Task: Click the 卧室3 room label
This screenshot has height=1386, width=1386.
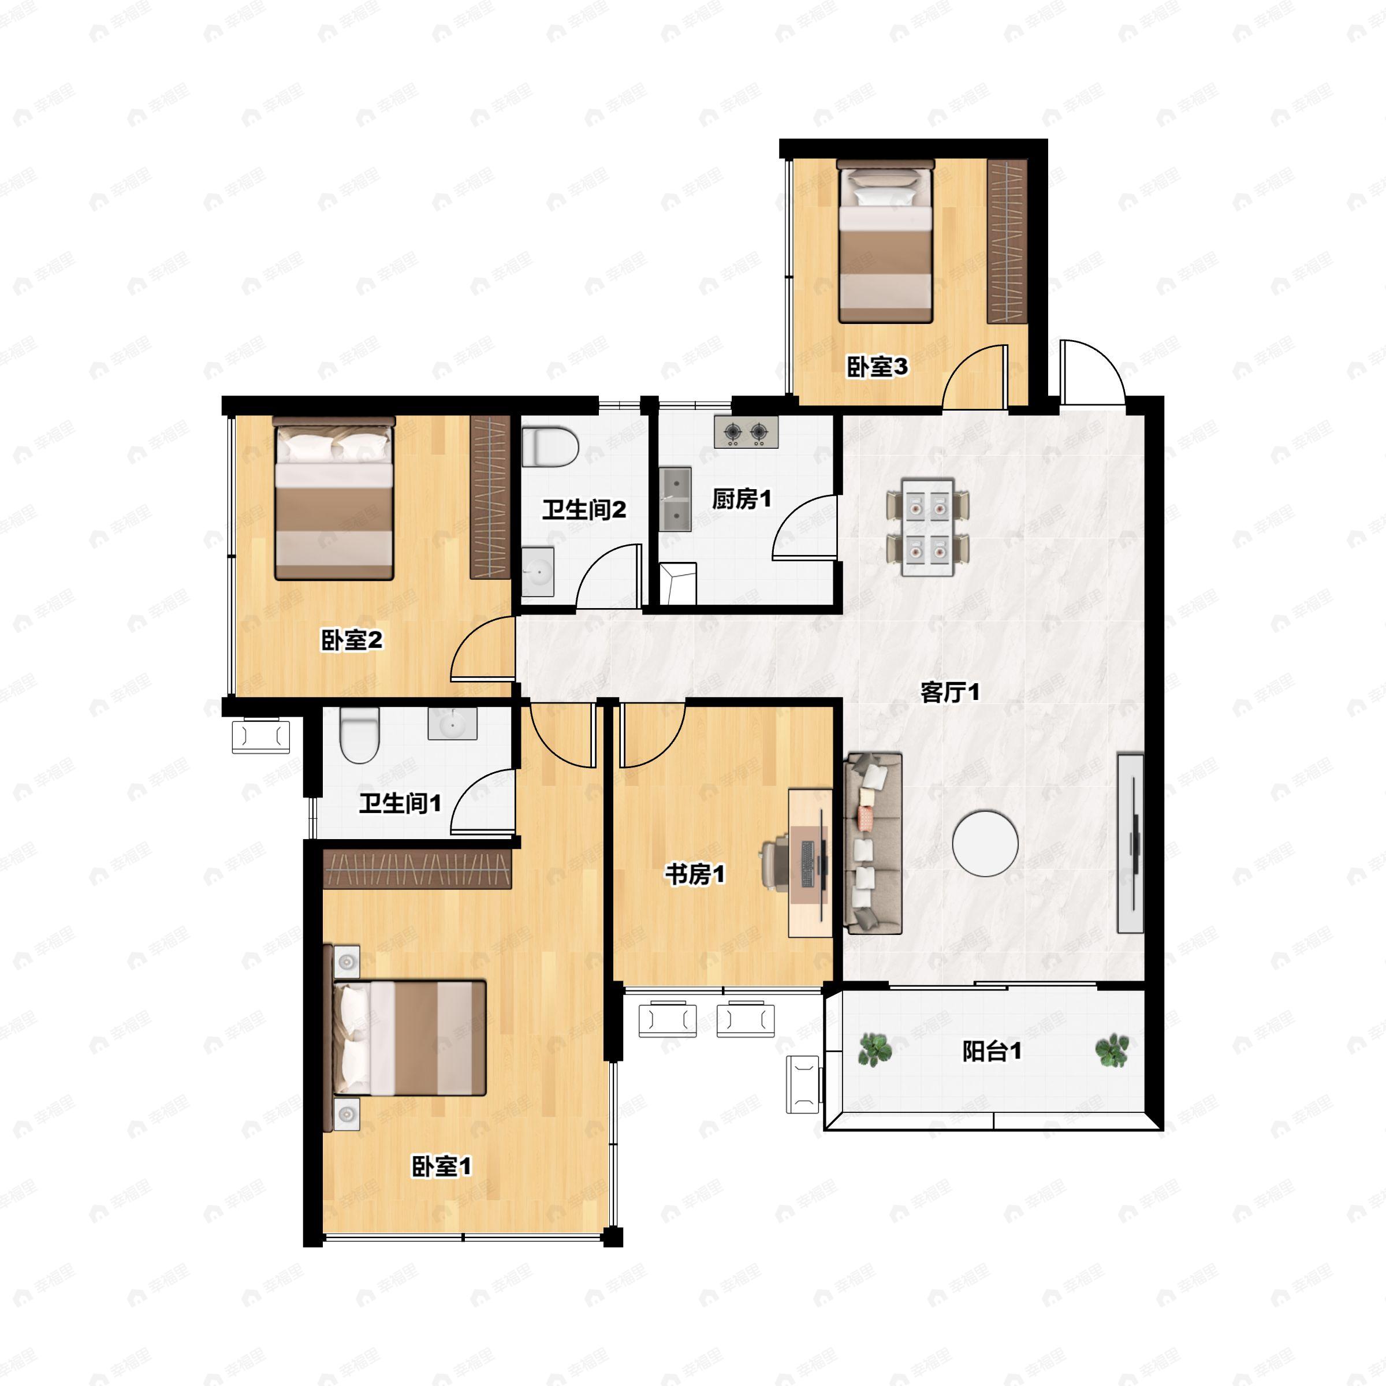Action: point(877,367)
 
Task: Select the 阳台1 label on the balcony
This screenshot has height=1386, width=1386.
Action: point(992,1052)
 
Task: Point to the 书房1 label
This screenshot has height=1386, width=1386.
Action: point(694,874)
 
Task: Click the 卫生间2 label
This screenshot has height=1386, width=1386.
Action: point(584,510)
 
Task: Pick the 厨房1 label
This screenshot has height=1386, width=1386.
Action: point(742,498)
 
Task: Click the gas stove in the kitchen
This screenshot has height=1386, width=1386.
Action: point(746,432)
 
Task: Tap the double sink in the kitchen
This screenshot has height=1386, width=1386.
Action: point(675,500)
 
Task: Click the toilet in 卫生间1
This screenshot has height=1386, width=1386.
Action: point(359,735)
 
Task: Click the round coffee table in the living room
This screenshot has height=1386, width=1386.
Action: point(985,843)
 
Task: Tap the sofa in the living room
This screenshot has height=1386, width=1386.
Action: point(873,843)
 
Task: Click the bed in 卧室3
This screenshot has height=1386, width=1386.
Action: point(885,242)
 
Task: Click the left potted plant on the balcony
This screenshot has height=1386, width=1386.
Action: point(875,1050)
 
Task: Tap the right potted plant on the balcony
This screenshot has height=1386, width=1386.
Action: point(1112,1050)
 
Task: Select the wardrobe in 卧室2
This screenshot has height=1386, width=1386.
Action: point(490,497)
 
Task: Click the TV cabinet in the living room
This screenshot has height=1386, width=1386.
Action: point(1131,843)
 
